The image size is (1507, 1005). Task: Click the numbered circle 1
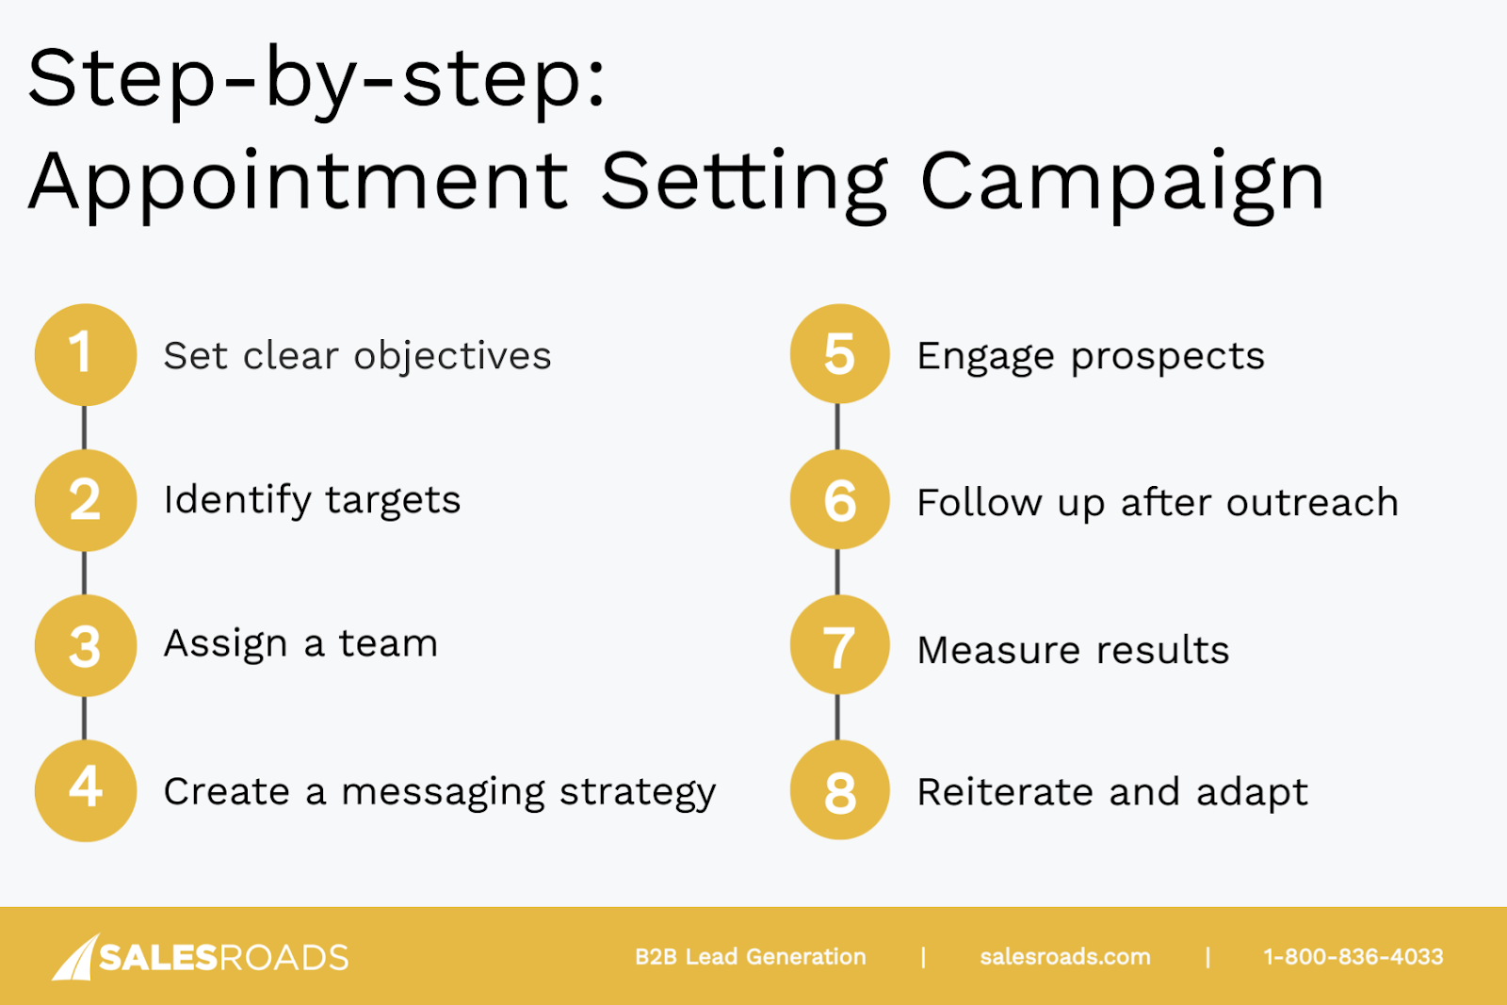86,354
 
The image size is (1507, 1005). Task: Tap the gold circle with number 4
86,790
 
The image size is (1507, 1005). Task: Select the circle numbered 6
839,500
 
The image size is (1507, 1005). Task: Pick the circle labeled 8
839,790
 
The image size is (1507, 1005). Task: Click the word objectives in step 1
453,357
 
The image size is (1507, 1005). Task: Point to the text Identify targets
312,501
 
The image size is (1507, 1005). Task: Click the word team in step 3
388,643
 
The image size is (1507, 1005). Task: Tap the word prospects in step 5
1168,358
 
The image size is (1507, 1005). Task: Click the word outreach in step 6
1313,502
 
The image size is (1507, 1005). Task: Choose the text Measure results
1073,650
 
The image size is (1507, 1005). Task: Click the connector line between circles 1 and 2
84,428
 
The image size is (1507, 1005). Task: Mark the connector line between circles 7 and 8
837,718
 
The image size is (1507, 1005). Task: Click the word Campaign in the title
1122,183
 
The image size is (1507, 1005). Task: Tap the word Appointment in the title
299,183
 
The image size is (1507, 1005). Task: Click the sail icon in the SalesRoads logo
76,957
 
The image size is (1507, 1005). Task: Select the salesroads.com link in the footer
1065,957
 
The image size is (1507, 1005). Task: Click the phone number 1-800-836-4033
1353,957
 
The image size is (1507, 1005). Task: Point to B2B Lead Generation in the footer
750,957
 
